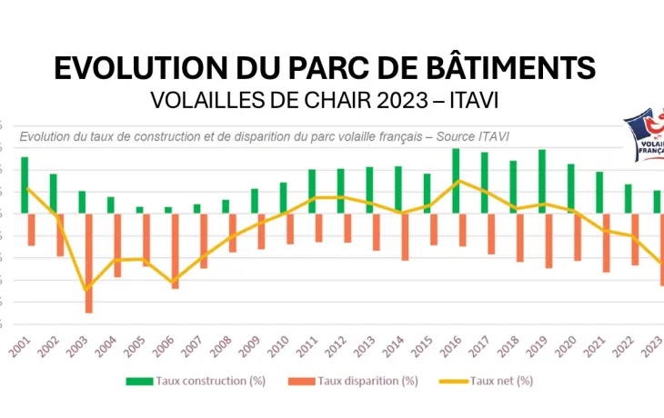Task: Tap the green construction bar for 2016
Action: pyautogui.click(x=456, y=181)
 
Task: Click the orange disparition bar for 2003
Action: pyautogui.click(x=89, y=263)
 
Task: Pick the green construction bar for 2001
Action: pyautogui.click(x=25, y=184)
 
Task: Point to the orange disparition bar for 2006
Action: pyautogui.click(x=175, y=251)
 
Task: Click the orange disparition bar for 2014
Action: pyautogui.click(x=405, y=236)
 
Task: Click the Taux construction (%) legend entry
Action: pyautogui.click(x=196, y=381)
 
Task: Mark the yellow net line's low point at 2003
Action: pyautogui.click(x=86, y=290)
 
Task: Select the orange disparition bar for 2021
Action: pyautogui.click(x=606, y=243)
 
